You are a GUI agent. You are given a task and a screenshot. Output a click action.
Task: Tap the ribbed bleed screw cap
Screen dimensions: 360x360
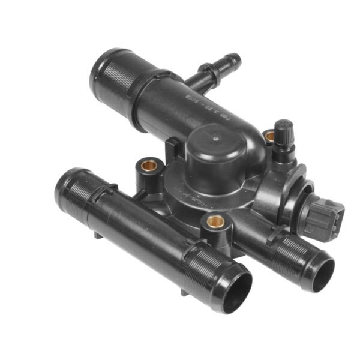point(283,130)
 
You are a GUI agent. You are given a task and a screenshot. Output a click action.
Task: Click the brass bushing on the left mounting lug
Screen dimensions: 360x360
point(149,165)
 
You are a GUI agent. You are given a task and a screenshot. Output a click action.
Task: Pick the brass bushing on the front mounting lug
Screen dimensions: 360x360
point(215,223)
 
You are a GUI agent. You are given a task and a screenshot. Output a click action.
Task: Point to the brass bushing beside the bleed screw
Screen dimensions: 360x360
point(269,137)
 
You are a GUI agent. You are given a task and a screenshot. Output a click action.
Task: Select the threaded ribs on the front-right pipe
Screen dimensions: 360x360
point(294,252)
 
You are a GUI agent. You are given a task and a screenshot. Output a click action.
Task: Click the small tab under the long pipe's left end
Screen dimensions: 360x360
point(98,235)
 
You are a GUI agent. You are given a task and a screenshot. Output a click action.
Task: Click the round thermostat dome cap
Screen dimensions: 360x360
point(219,153)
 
